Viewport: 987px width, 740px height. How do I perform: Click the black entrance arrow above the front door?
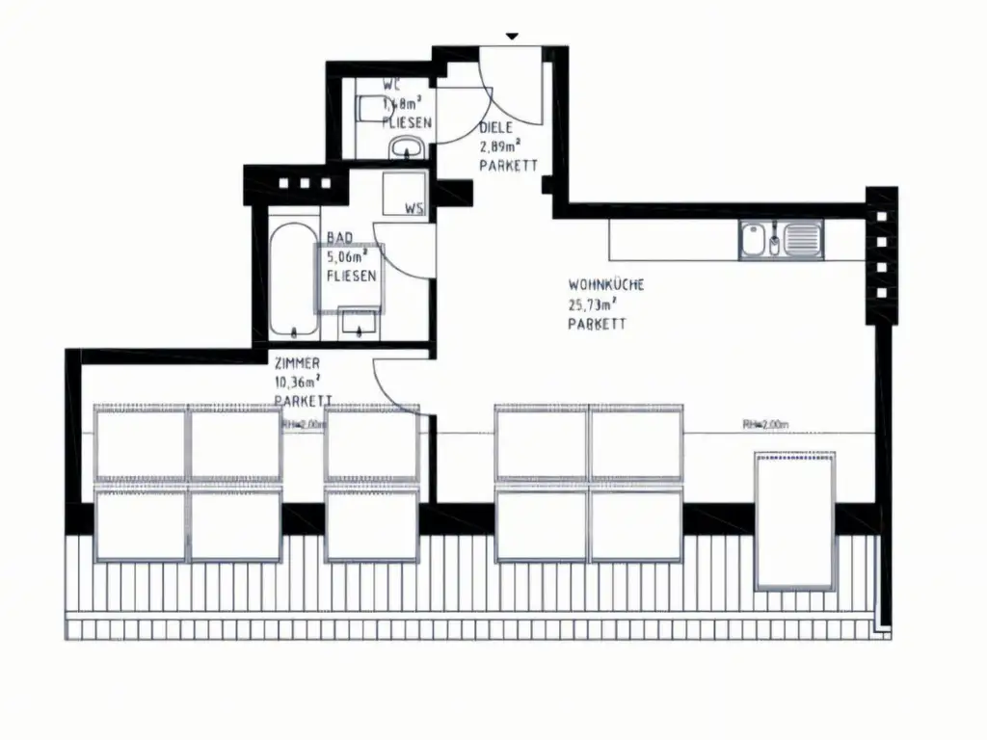coord(513,37)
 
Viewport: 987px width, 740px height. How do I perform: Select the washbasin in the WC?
coord(407,147)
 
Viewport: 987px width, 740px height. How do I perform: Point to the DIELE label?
coord(495,127)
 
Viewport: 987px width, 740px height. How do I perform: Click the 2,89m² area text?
coord(499,146)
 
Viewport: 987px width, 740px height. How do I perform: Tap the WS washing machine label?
coord(413,208)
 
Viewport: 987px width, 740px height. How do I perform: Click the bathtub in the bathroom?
coord(293,280)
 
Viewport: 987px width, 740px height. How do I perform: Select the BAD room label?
coord(339,237)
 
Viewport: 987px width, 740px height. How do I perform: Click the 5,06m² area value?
coord(348,256)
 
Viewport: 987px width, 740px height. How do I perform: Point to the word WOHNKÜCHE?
coord(605,285)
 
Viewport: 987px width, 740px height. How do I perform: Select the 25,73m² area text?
coord(592,304)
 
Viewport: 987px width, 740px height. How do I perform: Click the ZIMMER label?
coord(297,362)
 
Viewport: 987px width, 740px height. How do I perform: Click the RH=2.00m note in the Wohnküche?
coord(765,425)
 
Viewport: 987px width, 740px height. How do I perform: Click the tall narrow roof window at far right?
coord(795,522)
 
